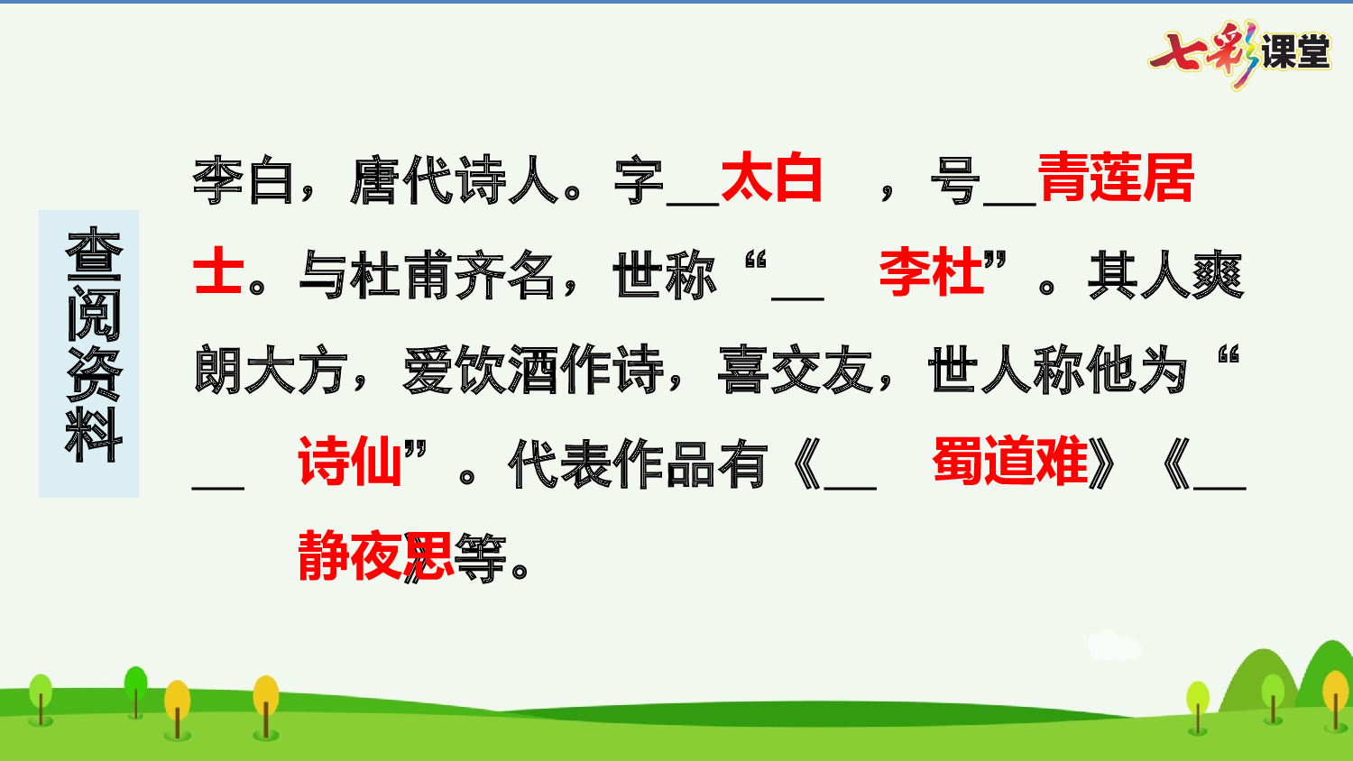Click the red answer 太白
[771, 179]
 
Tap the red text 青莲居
[1116, 179]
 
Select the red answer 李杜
[931, 272]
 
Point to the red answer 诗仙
[350, 462]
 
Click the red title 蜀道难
[1010, 462]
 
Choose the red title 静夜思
[375, 556]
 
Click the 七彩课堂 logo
[1240, 52]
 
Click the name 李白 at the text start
[244, 180]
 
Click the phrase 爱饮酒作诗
[532, 370]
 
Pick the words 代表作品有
[637, 465]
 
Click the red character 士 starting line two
[217, 272]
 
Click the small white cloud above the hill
[1113, 646]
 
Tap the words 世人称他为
[1059, 370]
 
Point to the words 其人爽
[1165, 275]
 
